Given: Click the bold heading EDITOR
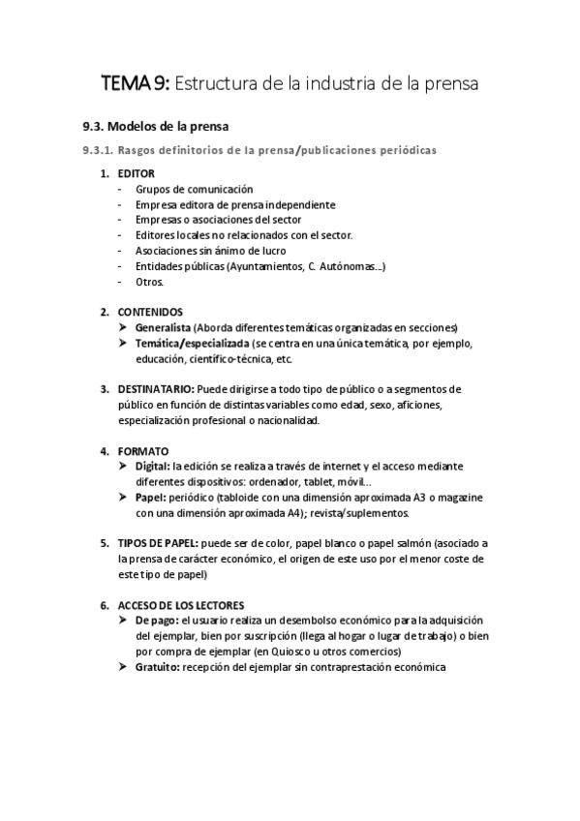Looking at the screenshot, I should click(136, 173).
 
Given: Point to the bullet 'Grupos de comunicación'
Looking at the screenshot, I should click(194, 189).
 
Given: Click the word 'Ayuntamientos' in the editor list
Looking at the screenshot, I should click(262, 266).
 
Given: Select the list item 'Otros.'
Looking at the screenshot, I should click(150, 282).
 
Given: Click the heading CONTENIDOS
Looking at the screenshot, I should click(150, 312).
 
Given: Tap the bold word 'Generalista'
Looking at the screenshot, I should click(163, 327).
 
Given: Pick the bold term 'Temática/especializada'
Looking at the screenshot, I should click(191, 343).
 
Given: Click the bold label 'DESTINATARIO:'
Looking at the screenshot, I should click(155, 389).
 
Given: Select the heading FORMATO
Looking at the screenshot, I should click(142, 451).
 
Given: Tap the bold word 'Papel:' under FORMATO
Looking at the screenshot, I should click(151, 498).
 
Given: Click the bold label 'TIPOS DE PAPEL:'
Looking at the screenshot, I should click(159, 543).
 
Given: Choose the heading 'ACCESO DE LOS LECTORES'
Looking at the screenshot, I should click(181, 605).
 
